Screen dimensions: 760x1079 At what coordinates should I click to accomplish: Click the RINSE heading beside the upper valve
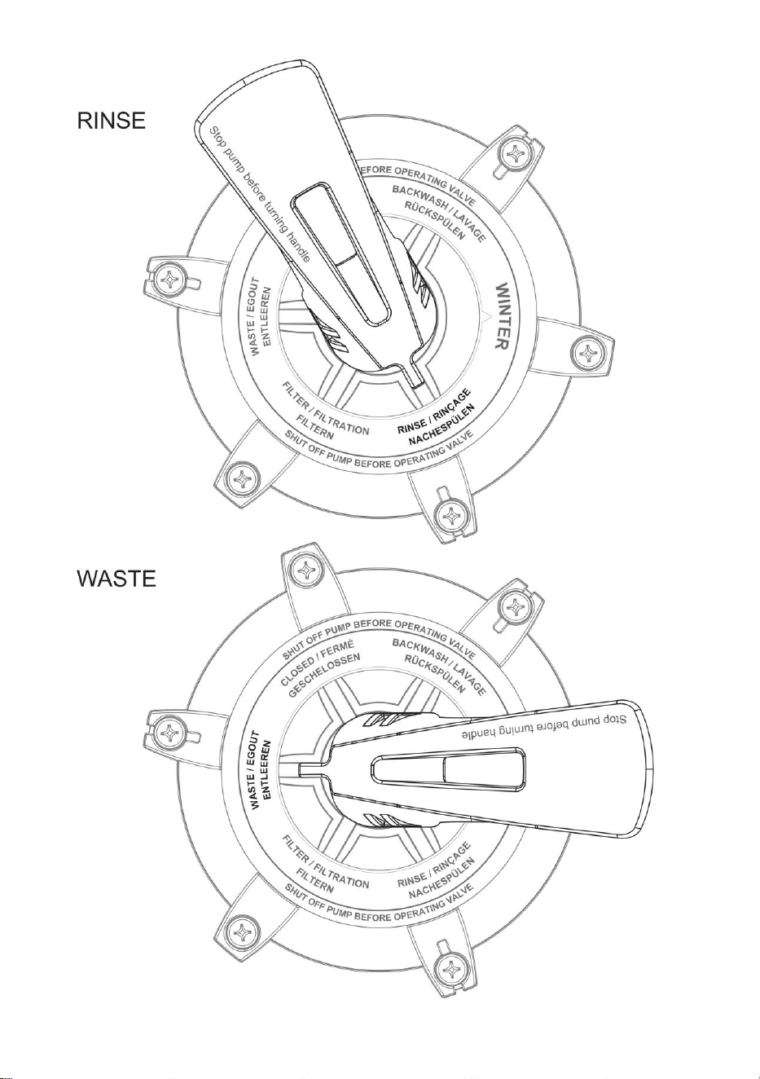[x=112, y=121]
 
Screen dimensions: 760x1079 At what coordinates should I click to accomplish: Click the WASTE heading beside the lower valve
[x=116, y=578]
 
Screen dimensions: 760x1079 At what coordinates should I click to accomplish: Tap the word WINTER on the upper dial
[x=501, y=316]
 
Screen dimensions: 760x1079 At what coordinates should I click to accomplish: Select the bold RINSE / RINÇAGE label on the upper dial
[x=433, y=412]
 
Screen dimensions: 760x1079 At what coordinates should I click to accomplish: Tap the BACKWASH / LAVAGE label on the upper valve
[x=439, y=212]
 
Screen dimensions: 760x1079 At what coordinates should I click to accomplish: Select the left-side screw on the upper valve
[x=171, y=279]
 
